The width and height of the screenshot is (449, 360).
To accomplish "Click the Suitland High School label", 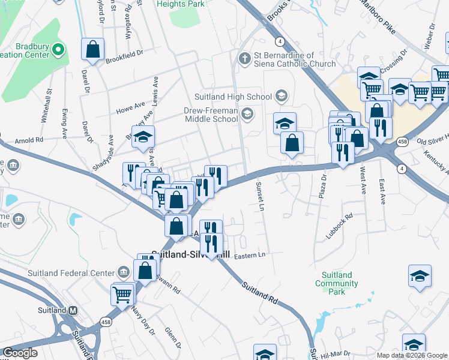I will [233, 97].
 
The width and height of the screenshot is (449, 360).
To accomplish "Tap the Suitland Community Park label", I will [336, 283].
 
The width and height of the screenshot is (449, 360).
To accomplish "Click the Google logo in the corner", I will [20, 352].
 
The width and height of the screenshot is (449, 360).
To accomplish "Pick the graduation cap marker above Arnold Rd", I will [143, 137].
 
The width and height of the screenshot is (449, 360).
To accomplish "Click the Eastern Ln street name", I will [249, 255].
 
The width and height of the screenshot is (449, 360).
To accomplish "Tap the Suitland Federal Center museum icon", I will [124, 273].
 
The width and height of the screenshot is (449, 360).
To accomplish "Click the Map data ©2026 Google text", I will [411, 355].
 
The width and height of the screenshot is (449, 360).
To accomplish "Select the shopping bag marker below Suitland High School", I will [292, 143].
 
